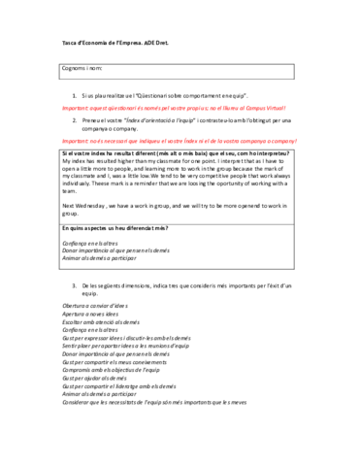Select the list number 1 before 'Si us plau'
(75, 97)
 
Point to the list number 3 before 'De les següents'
(75, 259)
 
